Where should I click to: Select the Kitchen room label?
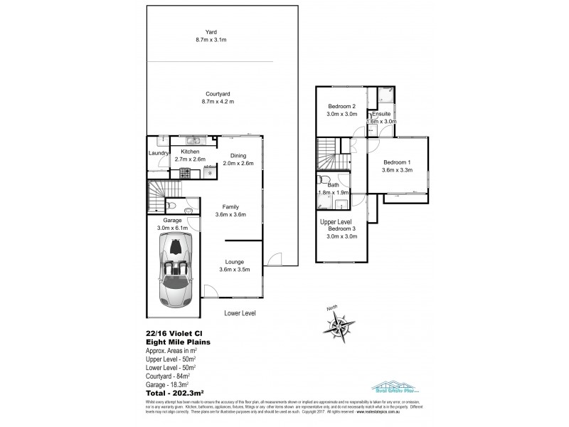pos(190,152)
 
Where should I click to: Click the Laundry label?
pos(158,153)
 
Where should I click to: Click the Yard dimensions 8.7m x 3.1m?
pos(211,40)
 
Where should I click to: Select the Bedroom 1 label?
pos(396,162)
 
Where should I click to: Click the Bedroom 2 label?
pos(341,106)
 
